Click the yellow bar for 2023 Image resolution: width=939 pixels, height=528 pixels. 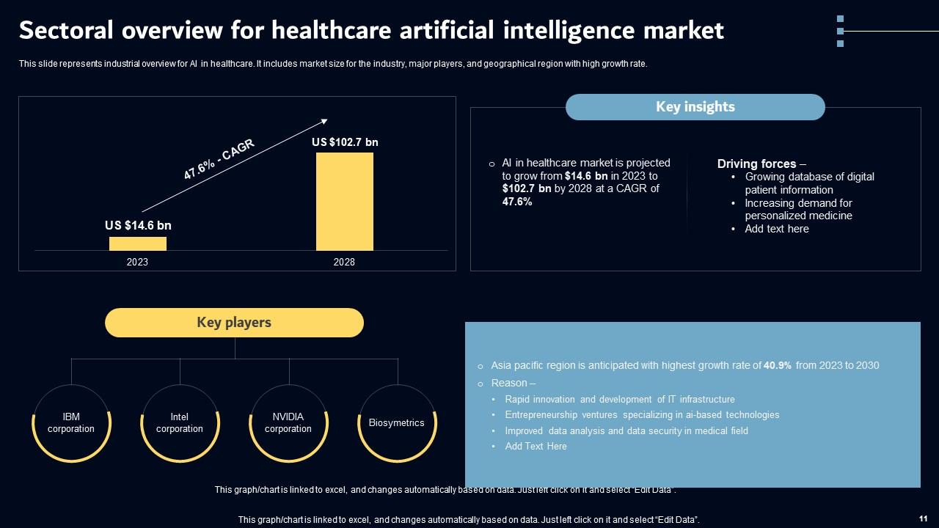(138, 243)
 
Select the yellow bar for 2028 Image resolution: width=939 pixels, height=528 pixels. (345, 202)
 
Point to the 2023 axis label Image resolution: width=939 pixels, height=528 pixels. (137, 262)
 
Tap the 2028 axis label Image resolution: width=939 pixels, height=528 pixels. (344, 262)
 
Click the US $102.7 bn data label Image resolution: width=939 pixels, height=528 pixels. (345, 142)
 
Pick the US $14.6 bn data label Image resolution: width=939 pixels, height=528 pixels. (138, 225)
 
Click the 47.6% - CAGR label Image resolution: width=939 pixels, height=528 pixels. (219, 159)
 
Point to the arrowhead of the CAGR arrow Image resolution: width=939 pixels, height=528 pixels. (324, 121)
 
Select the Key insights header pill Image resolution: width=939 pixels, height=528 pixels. (695, 107)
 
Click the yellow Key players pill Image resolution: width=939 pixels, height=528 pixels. (234, 323)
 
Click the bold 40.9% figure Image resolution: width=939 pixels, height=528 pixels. (777, 365)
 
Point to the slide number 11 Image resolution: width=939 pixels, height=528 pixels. (923, 518)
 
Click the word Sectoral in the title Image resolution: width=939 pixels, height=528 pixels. (66, 30)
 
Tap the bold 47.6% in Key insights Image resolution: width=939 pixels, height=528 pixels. (517, 202)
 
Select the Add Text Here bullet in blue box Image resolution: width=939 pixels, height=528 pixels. (536, 447)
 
